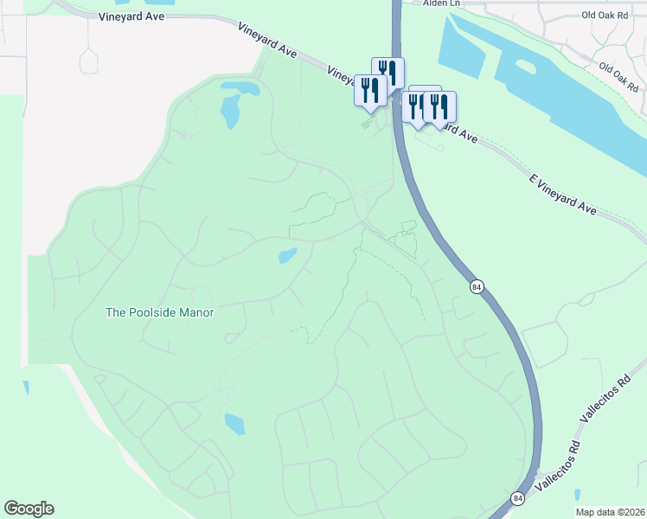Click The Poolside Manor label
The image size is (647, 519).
tap(159, 312)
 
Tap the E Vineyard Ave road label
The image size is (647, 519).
tap(563, 193)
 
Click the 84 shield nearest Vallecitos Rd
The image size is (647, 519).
tap(517, 498)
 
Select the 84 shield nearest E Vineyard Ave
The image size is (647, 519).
tap(477, 286)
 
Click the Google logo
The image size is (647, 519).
tap(29, 509)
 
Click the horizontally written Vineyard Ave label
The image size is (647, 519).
tap(130, 16)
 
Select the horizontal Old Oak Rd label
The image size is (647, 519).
tap(605, 16)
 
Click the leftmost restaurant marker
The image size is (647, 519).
tap(370, 91)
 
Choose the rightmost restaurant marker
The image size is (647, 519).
tap(439, 107)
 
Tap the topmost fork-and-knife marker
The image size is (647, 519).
tap(388, 73)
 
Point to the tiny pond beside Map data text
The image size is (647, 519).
tap(577, 495)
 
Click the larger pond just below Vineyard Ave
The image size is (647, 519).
tap(230, 111)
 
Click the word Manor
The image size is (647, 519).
tap(195, 312)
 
